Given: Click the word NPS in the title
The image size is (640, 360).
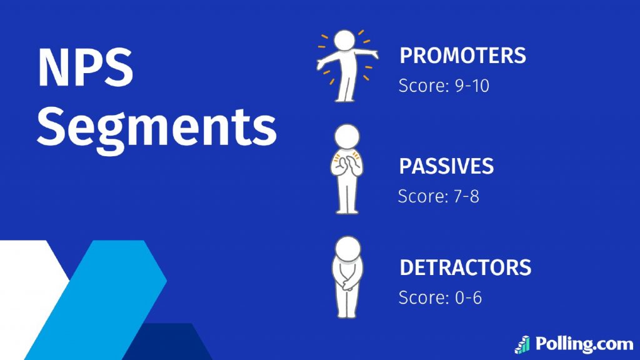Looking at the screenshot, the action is tap(85, 67).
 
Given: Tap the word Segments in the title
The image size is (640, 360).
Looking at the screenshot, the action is tap(157, 129).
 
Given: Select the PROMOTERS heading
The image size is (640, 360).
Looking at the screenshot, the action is tap(463, 56).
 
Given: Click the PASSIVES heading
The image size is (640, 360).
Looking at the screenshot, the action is tap(446, 166).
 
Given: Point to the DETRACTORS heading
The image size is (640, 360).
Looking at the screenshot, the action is tap(465, 267).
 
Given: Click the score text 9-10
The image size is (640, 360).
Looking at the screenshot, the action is tap(472, 86).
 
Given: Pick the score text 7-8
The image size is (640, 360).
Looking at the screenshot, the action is tap(466, 196).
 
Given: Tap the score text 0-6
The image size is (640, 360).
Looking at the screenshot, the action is tap(468, 297).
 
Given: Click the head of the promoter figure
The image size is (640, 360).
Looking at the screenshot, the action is tap(345, 41).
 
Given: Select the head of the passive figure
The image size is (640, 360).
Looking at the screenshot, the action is tap(347, 136).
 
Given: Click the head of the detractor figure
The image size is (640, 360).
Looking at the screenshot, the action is tap(347, 249).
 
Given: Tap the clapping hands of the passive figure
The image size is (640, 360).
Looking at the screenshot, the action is tap(346, 165).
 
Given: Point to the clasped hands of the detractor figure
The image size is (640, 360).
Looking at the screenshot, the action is tap(348, 283).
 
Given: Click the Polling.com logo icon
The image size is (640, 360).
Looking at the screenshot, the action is tap(522, 345).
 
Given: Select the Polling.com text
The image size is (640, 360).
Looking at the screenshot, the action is tap(584, 344).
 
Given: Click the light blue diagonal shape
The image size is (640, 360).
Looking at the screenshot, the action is tap(96, 300).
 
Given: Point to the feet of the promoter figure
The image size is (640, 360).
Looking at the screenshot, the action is tap(344, 99).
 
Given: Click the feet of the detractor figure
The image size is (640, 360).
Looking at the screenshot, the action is tap(346, 314).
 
